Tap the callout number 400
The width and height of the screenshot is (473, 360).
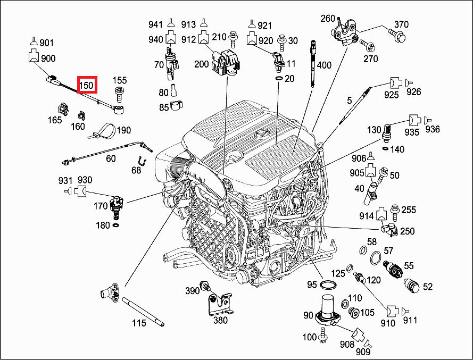tap(324, 65)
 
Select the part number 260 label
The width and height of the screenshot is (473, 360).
tap(328, 19)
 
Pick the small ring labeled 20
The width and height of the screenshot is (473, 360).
tap(278, 79)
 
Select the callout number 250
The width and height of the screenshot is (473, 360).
tap(408, 231)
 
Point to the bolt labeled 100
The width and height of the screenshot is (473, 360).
tap(323, 336)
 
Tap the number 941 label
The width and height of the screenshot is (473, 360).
tap(155, 24)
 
